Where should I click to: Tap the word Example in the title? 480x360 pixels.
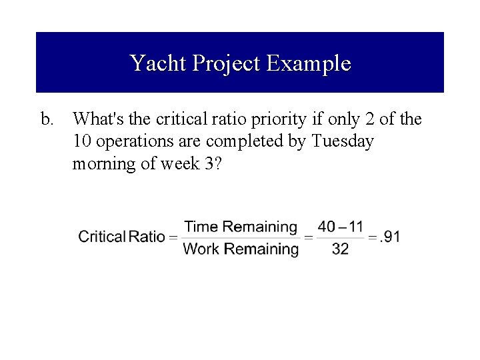[308, 63]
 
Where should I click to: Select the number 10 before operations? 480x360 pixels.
[82, 142]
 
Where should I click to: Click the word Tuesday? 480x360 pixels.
[342, 142]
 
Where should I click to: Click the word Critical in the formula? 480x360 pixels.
[102, 237]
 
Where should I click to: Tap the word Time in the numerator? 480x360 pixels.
[201, 227]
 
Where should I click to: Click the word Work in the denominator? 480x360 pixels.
[201, 249]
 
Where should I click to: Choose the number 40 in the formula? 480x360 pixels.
[327, 227]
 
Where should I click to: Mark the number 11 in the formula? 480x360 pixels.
[356, 227]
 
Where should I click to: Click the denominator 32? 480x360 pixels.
[340, 249]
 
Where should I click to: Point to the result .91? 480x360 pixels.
[390, 237]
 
